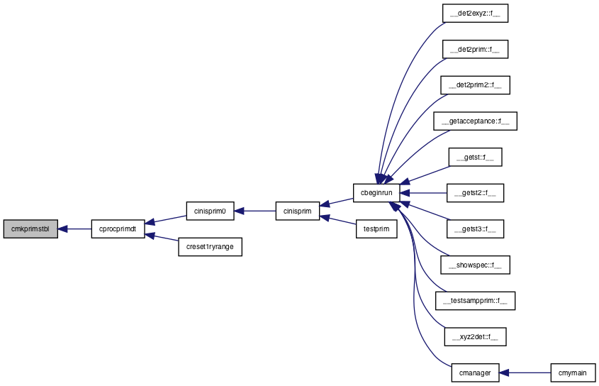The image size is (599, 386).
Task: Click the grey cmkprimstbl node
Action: click(x=30, y=228)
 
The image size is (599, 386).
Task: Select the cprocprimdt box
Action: click(x=118, y=228)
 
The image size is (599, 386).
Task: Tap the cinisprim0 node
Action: click(x=210, y=211)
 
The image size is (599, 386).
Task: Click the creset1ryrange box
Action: click(x=210, y=247)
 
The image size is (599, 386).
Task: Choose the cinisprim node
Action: click(x=298, y=211)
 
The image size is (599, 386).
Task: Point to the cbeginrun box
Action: click(x=376, y=193)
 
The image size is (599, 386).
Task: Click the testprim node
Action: click(x=376, y=228)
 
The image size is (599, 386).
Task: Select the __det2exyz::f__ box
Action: click(x=475, y=13)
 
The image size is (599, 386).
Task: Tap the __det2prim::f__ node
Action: click(x=475, y=50)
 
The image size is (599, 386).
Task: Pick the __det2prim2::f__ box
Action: click(x=475, y=85)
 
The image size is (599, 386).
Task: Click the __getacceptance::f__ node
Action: click(x=475, y=121)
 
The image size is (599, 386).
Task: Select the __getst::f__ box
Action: click(x=475, y=157)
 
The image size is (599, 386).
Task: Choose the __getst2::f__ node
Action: click(x=475, y=193)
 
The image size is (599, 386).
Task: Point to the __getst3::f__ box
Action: click(x=475, y=228)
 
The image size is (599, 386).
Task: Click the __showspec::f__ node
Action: click(x=475, y=265)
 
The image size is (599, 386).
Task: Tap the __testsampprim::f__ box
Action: click(x=475, y=301)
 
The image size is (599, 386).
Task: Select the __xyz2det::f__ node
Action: click(x=475, y=336)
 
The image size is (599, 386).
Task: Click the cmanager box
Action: click(x=475, y=373)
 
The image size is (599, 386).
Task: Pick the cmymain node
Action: click(x=573, y=373)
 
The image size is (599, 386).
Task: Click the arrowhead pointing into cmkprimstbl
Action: click(x=63, y=228)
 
